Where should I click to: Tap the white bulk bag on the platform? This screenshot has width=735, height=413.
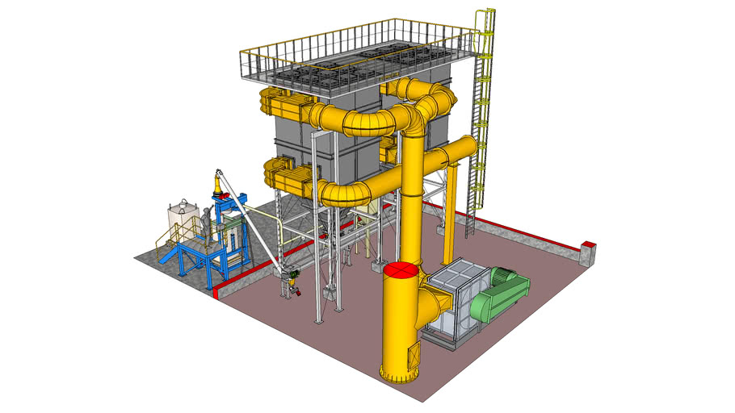183,217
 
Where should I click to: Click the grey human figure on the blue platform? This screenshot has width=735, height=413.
206,219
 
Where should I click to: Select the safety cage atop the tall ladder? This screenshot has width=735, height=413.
485,20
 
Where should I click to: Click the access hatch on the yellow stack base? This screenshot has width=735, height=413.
414,353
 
